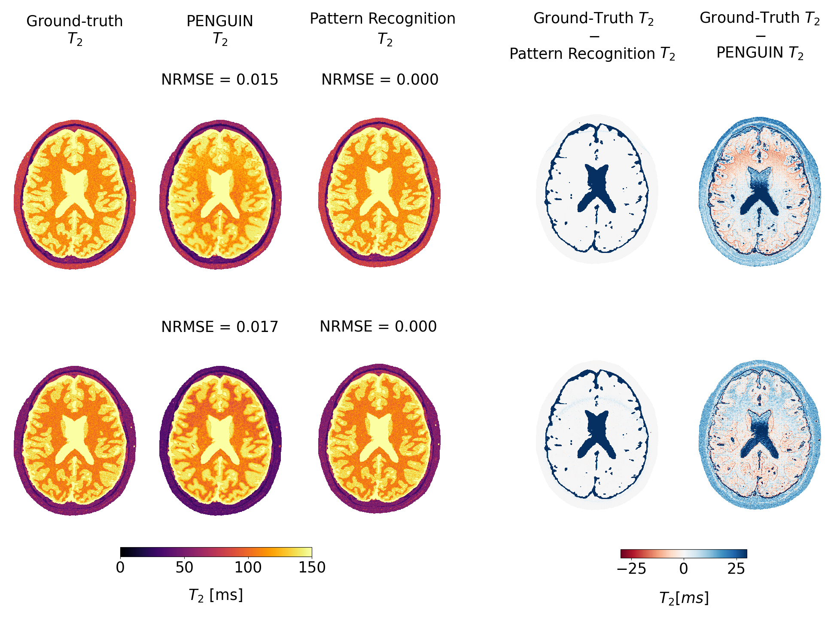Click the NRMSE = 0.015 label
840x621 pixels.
click(x=219, y=80)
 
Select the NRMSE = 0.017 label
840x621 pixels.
click(x=219, y=327)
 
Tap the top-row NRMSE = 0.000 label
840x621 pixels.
click(x=380, y=80)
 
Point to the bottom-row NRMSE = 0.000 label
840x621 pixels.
click(x=378, y=327)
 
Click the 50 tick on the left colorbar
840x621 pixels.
click(x=184, y=568)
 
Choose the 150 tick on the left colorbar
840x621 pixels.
click(x=312, y=568)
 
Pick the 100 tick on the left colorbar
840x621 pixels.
click(x=248, y=568)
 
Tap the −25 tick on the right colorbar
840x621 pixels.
click(x=631, y=569)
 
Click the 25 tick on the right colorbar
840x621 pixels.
click(x=736, y=569)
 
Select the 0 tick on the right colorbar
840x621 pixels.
click(x=684, y=569)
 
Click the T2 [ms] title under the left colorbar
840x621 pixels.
click(x=216, y=595)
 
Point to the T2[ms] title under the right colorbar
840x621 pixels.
click(x=684, y=598)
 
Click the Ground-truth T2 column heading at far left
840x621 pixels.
click(x=75, y=29)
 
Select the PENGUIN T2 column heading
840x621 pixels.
click(x=219, y=29)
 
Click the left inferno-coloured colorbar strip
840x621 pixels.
click(x=216, y=552)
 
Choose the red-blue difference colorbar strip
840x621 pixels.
click(x=684, y=554)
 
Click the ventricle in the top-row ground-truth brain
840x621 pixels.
click(x=75, y=189)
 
